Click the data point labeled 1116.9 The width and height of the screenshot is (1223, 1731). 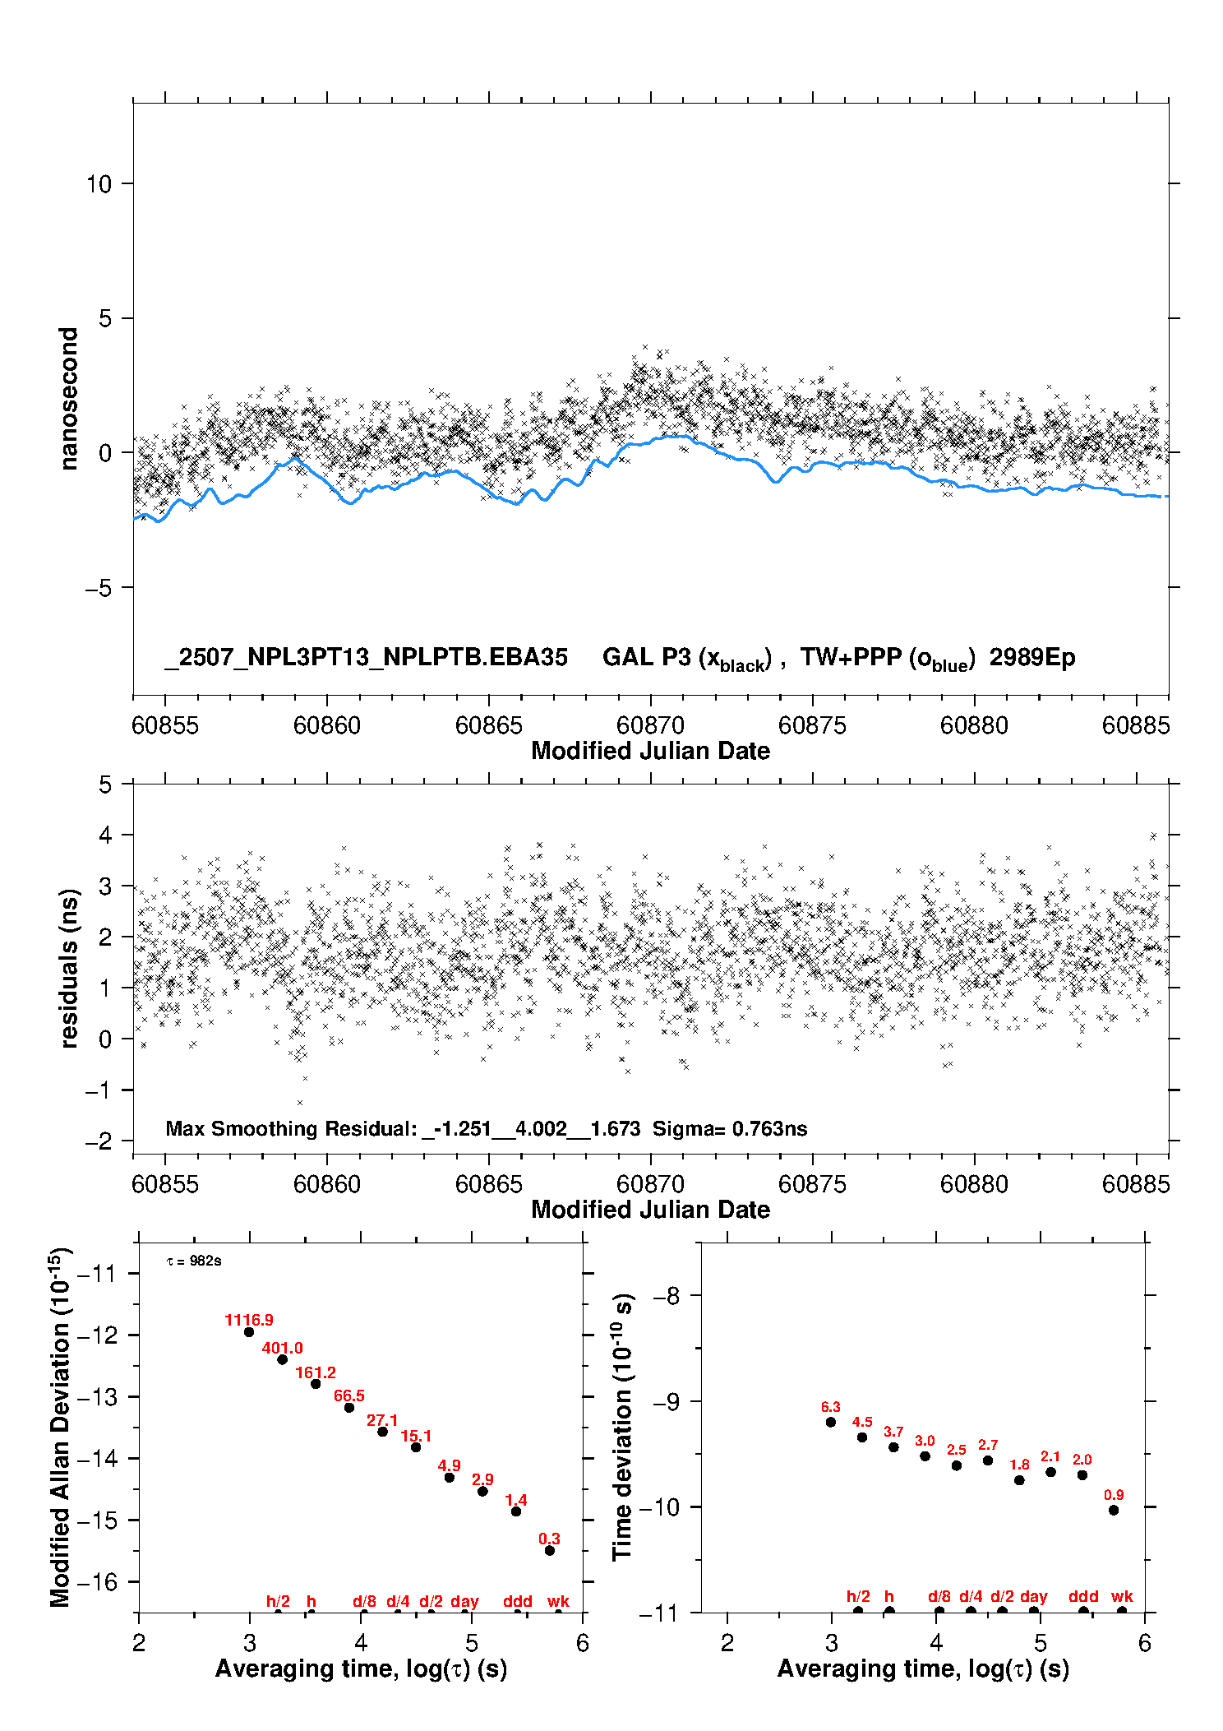[249, 1332]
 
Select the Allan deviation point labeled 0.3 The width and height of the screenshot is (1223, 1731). [550, 1551]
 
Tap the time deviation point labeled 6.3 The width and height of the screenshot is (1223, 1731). [831, 1422]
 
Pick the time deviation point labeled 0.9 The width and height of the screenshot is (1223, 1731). [1114, 1510]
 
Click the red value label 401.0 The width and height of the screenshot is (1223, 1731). [282, 1348]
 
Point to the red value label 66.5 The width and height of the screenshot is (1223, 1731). [349, 1395]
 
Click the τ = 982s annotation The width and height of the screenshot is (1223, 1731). [194, 1261]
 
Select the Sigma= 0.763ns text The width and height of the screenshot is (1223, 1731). [730, 1128]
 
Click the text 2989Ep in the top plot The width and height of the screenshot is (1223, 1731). [1032, 657]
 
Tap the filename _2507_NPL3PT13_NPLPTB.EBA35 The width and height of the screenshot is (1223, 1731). [367, 658]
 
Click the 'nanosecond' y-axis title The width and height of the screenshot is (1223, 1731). [68, 399]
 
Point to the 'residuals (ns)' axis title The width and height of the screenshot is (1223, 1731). [69, 969]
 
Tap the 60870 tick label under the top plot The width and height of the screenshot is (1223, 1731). [650, 725]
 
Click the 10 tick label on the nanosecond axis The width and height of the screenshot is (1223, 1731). [99, 183]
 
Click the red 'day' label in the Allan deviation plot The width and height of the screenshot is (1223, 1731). [464, 1602]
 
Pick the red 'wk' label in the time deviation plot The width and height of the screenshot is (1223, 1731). [1122, 1597]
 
